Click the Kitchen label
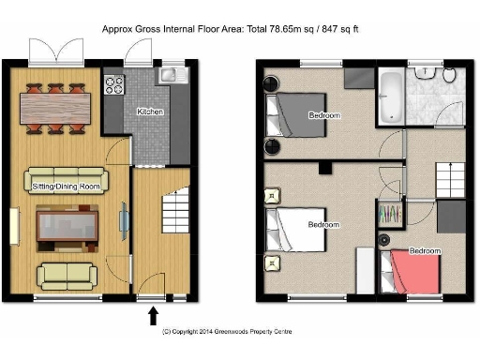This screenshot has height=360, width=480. coord(150,112)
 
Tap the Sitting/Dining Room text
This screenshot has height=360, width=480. coord(67,187)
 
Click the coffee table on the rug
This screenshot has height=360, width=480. coord(67,228)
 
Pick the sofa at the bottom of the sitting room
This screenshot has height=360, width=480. coord(67,275)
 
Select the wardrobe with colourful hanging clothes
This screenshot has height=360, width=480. coord(390,216)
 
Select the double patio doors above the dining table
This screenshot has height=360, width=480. coord(53,52)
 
